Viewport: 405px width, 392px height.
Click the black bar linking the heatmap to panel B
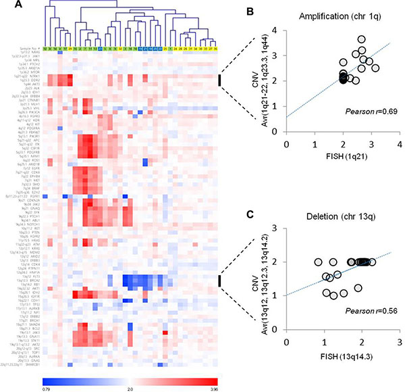[219, 80]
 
